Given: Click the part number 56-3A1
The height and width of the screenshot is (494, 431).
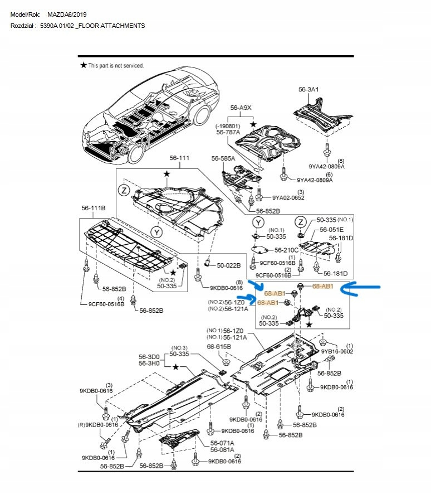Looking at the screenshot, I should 309,89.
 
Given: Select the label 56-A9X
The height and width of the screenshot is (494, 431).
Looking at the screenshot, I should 242,107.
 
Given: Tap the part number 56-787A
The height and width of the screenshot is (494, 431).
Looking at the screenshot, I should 228,133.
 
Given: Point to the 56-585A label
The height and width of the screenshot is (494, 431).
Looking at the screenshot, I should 223,159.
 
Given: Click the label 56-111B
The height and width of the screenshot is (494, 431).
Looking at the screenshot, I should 94,208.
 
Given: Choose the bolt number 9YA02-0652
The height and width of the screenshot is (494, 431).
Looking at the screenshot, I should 288,197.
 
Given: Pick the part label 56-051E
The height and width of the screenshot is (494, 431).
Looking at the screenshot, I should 331,230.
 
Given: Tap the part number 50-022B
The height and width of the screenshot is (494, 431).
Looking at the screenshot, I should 228,265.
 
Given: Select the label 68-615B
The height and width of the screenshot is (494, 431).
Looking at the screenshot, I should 219,346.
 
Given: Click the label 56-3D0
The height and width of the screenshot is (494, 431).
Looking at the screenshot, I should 149,356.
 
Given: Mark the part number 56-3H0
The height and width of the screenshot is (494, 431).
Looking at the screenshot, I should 149,364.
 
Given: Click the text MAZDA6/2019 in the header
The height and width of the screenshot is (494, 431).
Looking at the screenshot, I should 67,13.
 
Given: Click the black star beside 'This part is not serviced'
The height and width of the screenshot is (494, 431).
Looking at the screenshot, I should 84,65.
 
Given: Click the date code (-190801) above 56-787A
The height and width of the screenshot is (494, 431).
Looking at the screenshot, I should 228,127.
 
